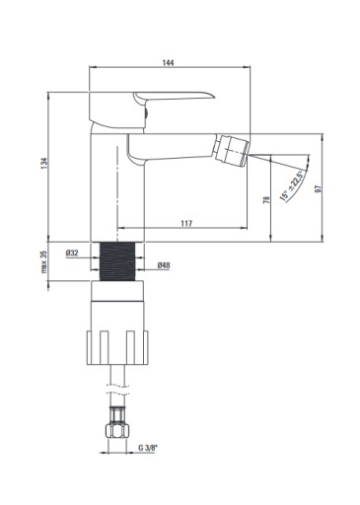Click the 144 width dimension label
click(169, 62)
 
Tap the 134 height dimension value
click(44, 164)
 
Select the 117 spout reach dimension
click(186, 223)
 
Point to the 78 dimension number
click(266, 199)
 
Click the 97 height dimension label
click(318, 188)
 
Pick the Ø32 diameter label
click(72, 252)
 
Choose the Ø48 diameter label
click(164, 265)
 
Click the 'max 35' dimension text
click(44, 261)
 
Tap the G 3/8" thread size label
click(148, 448)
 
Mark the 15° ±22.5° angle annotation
click(291, 185)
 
